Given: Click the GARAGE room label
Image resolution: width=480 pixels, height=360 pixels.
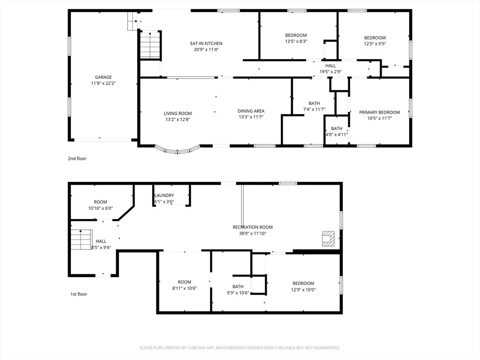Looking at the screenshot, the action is tap(103, 77).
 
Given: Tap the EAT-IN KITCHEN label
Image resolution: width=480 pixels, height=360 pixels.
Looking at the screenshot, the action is tap(206, 44).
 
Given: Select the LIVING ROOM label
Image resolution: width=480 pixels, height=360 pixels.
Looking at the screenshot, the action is tap(178, 113).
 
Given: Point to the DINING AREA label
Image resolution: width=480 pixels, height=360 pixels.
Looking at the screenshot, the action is tap(251, 111).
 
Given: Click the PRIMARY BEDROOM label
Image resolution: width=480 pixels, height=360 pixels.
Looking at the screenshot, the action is tap(380, 112).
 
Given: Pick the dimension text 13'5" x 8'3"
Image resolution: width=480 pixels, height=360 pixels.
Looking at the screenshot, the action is tap(296, 41).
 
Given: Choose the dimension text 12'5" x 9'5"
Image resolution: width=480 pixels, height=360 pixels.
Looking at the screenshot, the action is tap(375, 44).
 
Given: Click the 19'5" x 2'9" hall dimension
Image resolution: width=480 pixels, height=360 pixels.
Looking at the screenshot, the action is tap(330, 72).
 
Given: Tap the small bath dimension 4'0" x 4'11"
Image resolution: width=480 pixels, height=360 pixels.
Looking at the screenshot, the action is tap(337, 135).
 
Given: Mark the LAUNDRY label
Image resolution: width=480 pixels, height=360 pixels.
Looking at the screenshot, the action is tap(165, 195).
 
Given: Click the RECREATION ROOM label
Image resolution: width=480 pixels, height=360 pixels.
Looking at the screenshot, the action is tap(253, 227).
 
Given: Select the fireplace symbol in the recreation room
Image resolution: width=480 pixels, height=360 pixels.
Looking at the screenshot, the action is tap(328, 239).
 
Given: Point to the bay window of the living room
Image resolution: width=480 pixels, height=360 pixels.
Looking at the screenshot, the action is tap(178, 150).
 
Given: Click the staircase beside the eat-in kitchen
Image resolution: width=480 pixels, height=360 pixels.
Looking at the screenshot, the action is tap(150, 45).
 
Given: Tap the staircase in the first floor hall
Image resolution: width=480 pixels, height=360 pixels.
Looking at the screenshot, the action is tap(82, 240).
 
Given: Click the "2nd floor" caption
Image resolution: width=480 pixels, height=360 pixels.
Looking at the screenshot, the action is tap(77, 158).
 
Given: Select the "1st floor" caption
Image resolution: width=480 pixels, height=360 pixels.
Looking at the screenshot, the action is tap(79, 294).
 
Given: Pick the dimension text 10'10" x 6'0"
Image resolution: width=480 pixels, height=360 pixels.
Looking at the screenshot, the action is tap(100, 209).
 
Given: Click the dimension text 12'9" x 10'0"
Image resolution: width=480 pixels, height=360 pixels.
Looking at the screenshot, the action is tap(303, 290).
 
